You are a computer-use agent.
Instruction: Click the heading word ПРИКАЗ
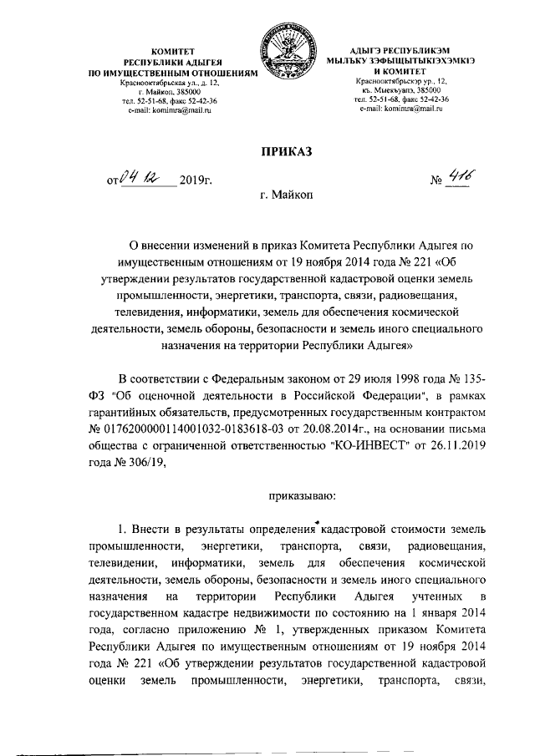tap(287, 151)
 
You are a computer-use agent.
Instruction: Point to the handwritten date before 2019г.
tap(138, 176)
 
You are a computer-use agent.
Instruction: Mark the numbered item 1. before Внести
tap(125, 530)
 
